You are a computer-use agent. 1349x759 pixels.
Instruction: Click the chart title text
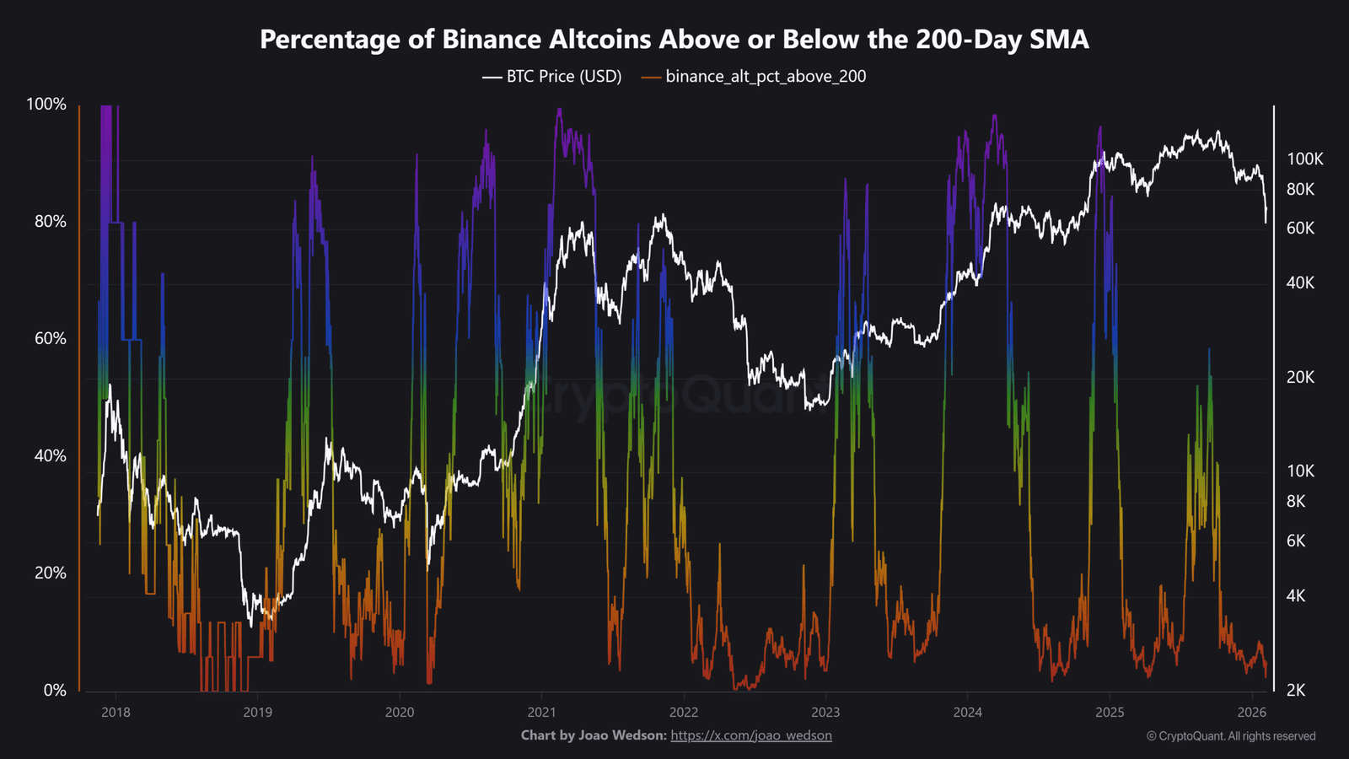coord(674,39)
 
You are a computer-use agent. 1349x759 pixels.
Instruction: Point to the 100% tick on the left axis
coord(46,104)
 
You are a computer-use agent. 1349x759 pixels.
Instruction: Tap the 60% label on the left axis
coord(50,338)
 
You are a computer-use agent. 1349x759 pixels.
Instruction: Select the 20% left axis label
coord(50,573)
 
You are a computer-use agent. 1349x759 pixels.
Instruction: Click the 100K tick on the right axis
coord(1304,159)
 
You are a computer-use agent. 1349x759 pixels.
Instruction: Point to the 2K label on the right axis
coord(1295,690)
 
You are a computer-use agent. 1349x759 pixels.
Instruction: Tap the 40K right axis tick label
coord(1300,283)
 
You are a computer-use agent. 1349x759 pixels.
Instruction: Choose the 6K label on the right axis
coord(1296,541)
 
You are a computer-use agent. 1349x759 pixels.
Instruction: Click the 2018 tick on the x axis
coord(116,713)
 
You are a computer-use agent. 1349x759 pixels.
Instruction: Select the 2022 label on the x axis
coord(684,713)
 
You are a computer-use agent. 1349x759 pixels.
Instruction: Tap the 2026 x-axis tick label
coord(1252,713)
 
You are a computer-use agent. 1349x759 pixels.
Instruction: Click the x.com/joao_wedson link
coord(751,735)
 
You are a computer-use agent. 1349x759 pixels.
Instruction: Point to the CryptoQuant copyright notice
coord(1231,736)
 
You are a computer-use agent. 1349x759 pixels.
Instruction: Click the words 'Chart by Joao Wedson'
coord(594,735)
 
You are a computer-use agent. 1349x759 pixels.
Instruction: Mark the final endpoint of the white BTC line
coord(1266,223)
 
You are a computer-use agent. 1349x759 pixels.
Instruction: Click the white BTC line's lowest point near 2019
coord(250,627)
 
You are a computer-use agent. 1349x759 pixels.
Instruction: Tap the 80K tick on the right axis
coord(1300,189)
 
